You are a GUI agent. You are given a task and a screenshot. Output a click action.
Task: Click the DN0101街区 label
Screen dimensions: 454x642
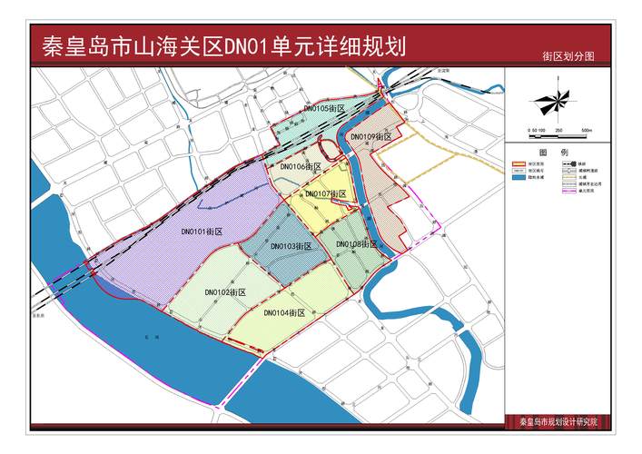tap(202, 232)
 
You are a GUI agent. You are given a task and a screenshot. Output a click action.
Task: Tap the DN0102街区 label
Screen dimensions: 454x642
tap(226, 292)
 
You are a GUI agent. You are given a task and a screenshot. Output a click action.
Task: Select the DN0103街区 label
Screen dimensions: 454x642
tap(291, 246)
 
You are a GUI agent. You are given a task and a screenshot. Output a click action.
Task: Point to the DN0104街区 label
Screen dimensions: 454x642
tap(283, 312)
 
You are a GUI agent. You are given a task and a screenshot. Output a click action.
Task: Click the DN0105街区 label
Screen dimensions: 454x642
tap(324, 108)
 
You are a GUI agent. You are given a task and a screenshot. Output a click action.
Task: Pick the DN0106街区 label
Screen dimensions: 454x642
tap(301, 167)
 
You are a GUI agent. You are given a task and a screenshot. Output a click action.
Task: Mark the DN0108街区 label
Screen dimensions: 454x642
tap(356, 244)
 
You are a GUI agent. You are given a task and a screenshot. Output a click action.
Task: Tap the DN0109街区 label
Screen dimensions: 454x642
tap(371, 136)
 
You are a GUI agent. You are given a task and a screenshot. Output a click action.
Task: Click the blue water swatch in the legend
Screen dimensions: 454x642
tap(519, 179)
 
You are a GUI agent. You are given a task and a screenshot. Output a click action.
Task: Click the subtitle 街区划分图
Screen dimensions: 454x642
tap(568, 56)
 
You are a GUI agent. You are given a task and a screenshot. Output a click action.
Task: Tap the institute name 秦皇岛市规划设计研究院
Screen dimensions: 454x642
tap(566, 422)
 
